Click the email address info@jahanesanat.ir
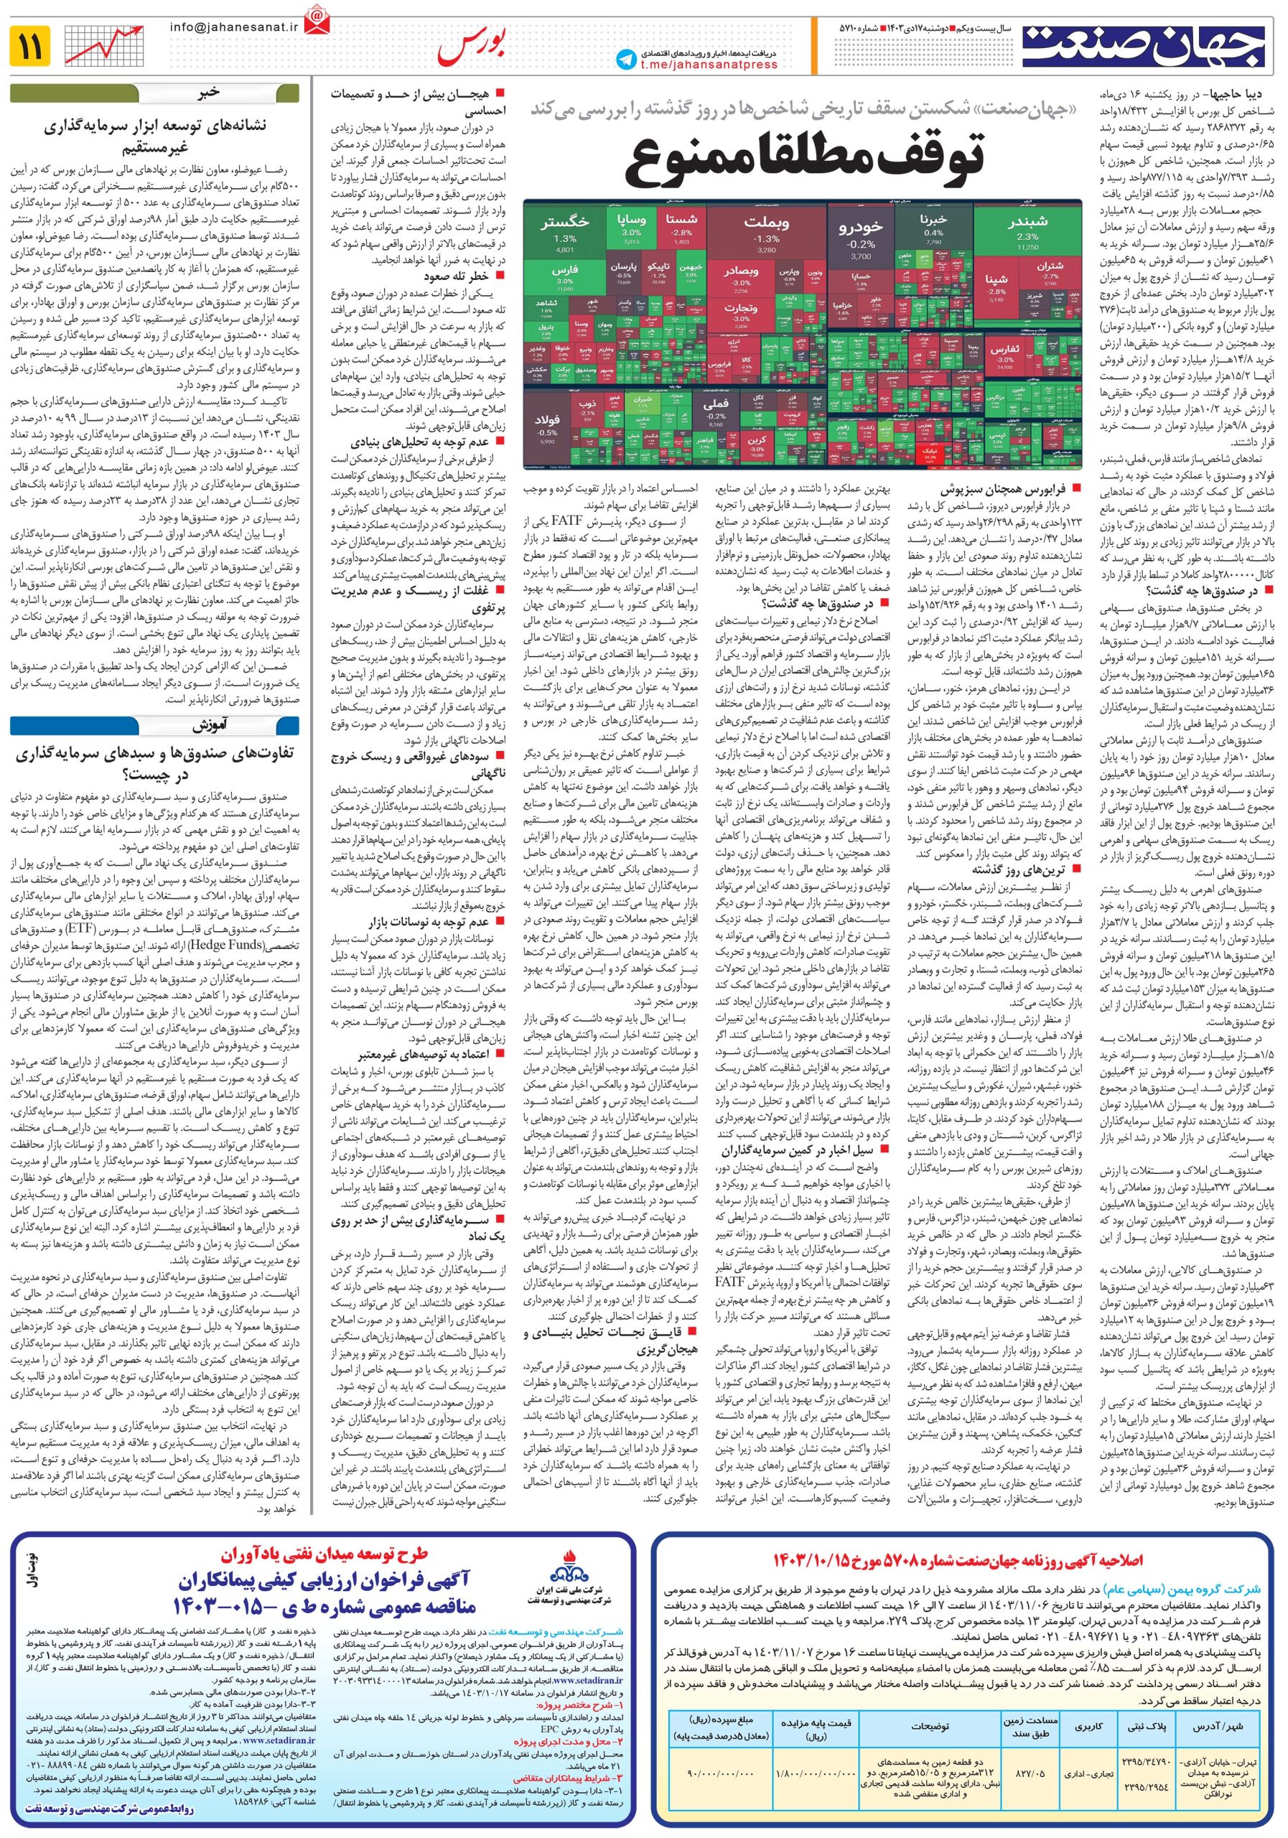233,27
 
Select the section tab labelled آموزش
210,726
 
